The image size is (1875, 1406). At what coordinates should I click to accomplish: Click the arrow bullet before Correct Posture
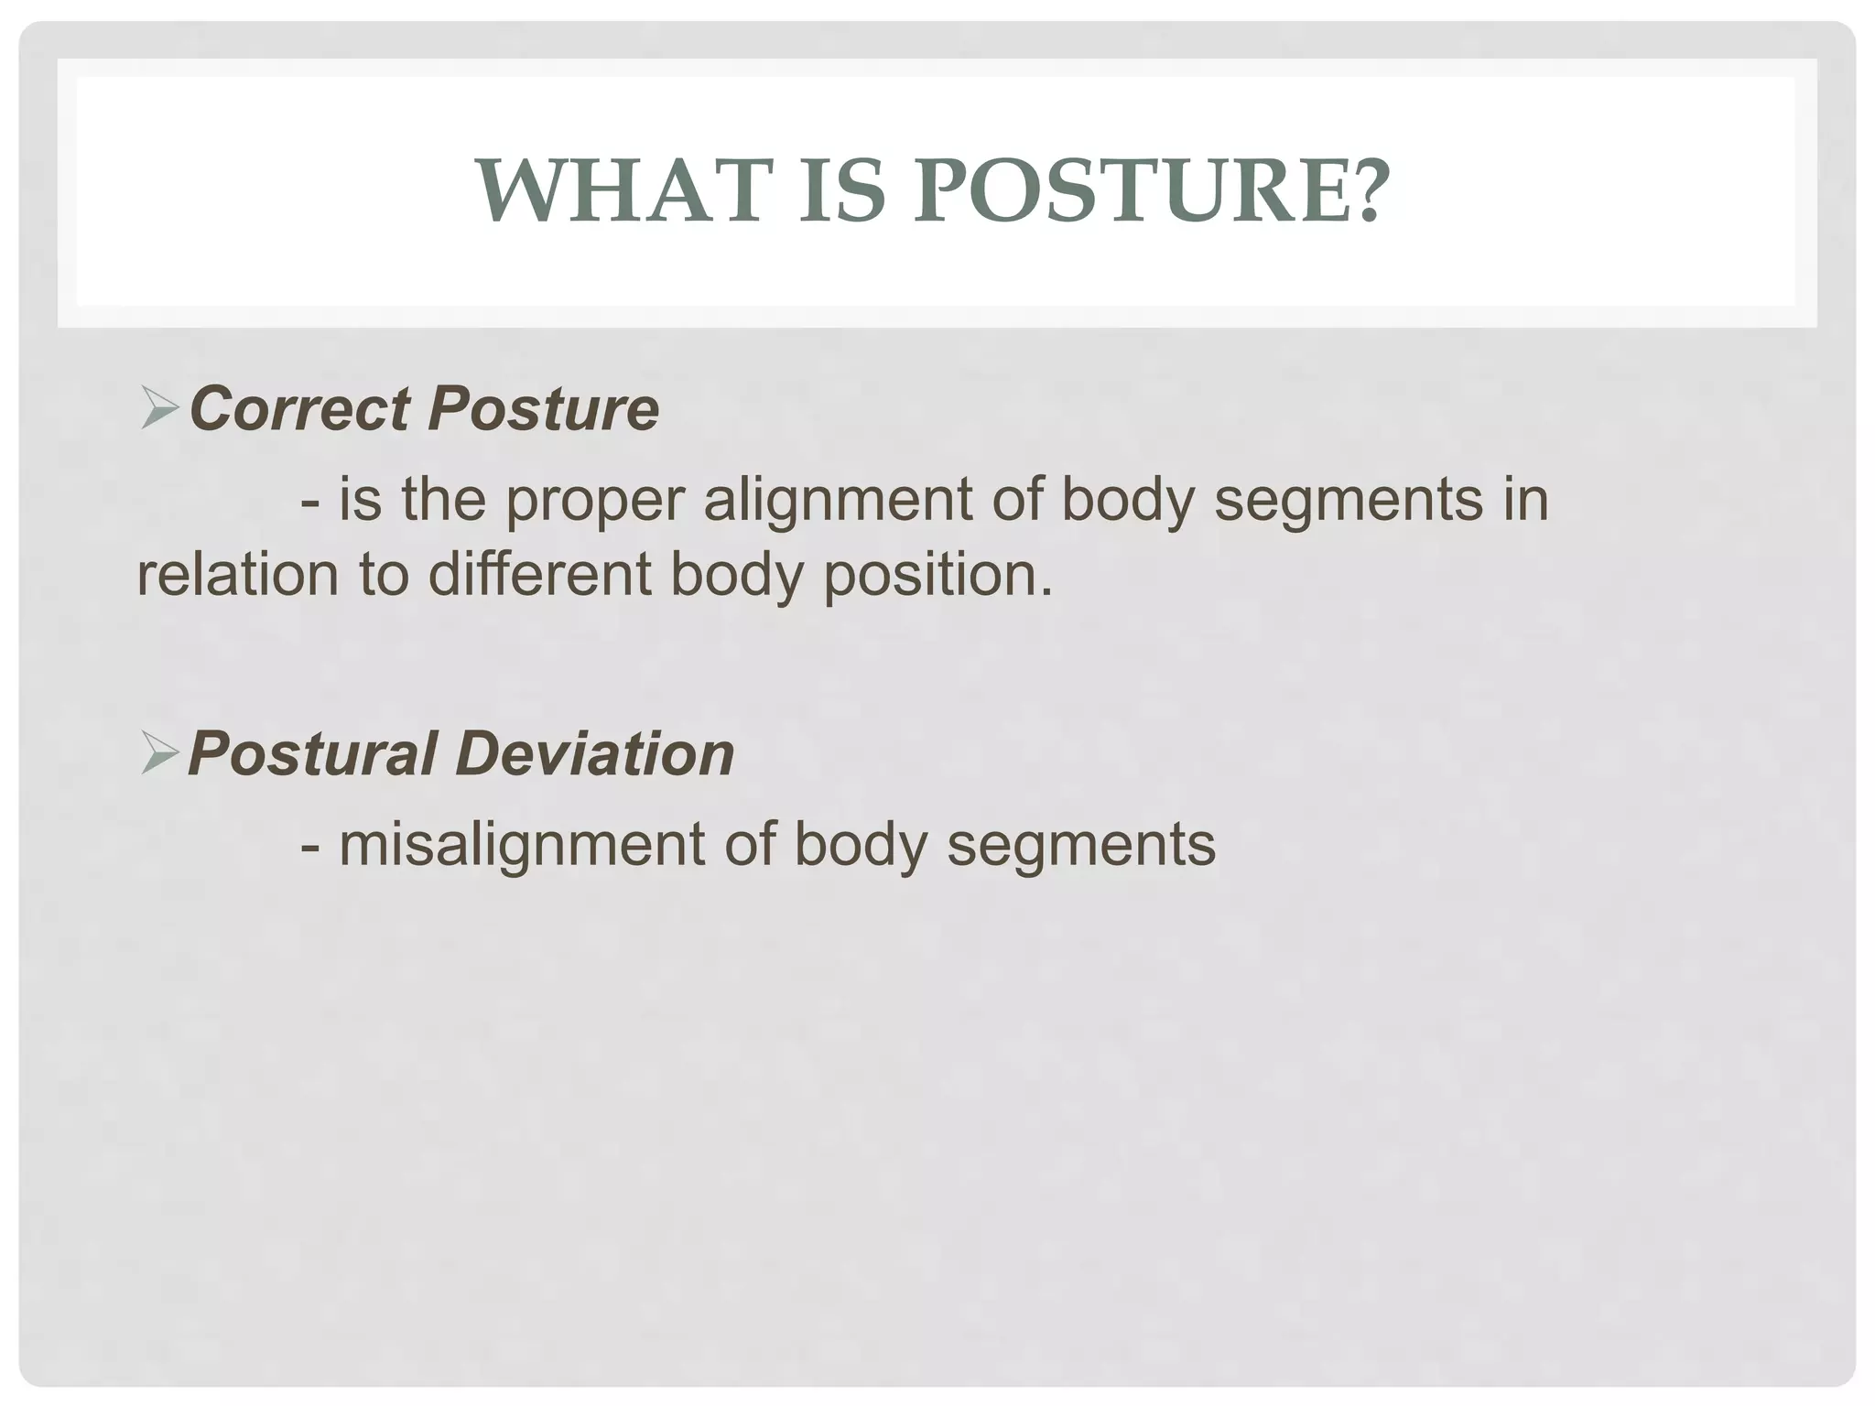[159, 408]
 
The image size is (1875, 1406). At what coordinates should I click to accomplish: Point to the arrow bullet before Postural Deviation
[159, 754]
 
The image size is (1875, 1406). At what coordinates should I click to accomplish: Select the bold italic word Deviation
[594, 754]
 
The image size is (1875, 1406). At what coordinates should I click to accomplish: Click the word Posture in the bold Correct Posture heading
[543, 408]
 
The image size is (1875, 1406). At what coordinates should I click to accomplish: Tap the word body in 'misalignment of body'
[861, 845]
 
